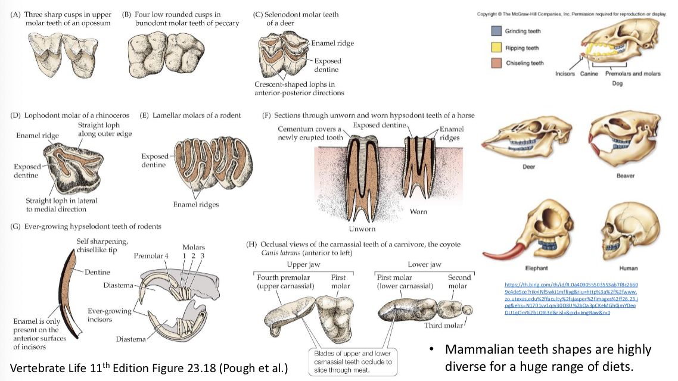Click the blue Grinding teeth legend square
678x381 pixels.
point(496,31)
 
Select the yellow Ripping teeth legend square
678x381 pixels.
point(496,48)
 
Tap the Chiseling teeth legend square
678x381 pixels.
point(496,63)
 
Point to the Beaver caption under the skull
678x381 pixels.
point(625,176)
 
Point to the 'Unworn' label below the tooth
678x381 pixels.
point(362,229)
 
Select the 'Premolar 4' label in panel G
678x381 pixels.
point(150,255)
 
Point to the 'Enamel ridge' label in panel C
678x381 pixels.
point(332,43)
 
